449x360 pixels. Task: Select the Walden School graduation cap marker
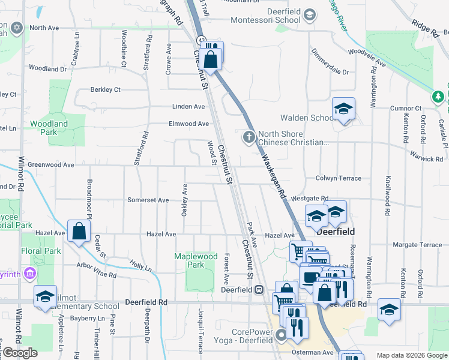click(343, 109)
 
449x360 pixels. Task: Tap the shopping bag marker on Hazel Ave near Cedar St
click(79, 231)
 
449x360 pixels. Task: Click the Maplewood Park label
click(196, 260)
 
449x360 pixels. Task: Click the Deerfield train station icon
click(259, 289)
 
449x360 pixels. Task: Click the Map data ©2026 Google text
click(411, 355)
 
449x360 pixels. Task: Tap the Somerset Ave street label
click(148, 200)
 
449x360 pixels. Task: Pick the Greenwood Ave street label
click(51, 164)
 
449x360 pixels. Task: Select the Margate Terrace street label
click(417, 245)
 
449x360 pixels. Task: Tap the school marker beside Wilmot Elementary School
click(45, 296)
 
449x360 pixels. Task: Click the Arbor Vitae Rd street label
click(96, 270)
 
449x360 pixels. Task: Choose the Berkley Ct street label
click(105, 89)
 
